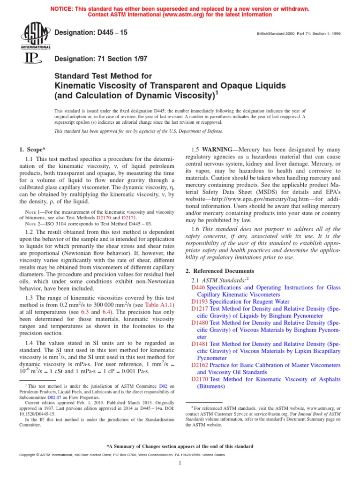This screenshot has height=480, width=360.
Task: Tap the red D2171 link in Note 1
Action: [x=129, y=205]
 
